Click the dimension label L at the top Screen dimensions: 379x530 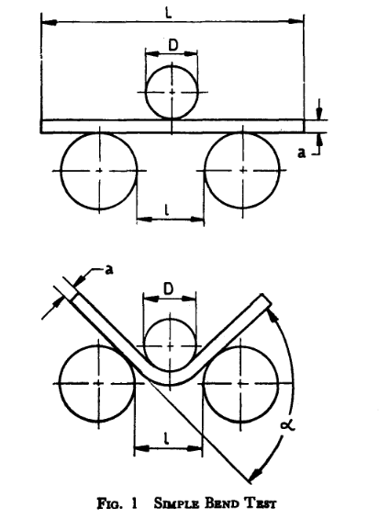tap(169, 13)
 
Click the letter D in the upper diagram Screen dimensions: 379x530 tap(173, 45)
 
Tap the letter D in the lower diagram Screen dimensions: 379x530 tap(168, 289)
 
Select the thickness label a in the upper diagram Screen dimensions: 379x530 tap(301, 153)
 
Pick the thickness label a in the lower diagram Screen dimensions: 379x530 tap(109, 270)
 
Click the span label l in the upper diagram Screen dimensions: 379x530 tap(166, 210)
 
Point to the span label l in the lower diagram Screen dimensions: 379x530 tap(166, 438)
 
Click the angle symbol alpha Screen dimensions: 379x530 tap(287, 424)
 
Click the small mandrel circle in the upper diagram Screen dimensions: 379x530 tap(172, 65)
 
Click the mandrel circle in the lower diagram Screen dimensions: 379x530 tap(170, 320)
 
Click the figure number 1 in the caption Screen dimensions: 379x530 tap(134, 503)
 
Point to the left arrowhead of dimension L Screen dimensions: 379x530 tap(49, 22)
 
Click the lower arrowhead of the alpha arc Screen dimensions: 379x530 tap(254, 474)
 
